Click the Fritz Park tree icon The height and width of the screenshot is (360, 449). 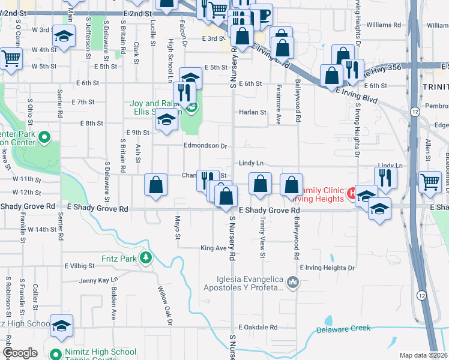145,257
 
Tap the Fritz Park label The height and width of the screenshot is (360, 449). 124,257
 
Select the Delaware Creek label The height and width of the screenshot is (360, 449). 343,329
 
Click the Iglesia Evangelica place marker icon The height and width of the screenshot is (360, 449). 292,281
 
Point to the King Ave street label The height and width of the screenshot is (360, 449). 213,247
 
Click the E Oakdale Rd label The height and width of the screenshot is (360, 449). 258,327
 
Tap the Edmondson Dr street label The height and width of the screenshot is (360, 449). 205,146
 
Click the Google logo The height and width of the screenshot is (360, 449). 20,353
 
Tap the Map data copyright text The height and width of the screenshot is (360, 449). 423,355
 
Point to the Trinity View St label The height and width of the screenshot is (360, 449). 262,237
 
